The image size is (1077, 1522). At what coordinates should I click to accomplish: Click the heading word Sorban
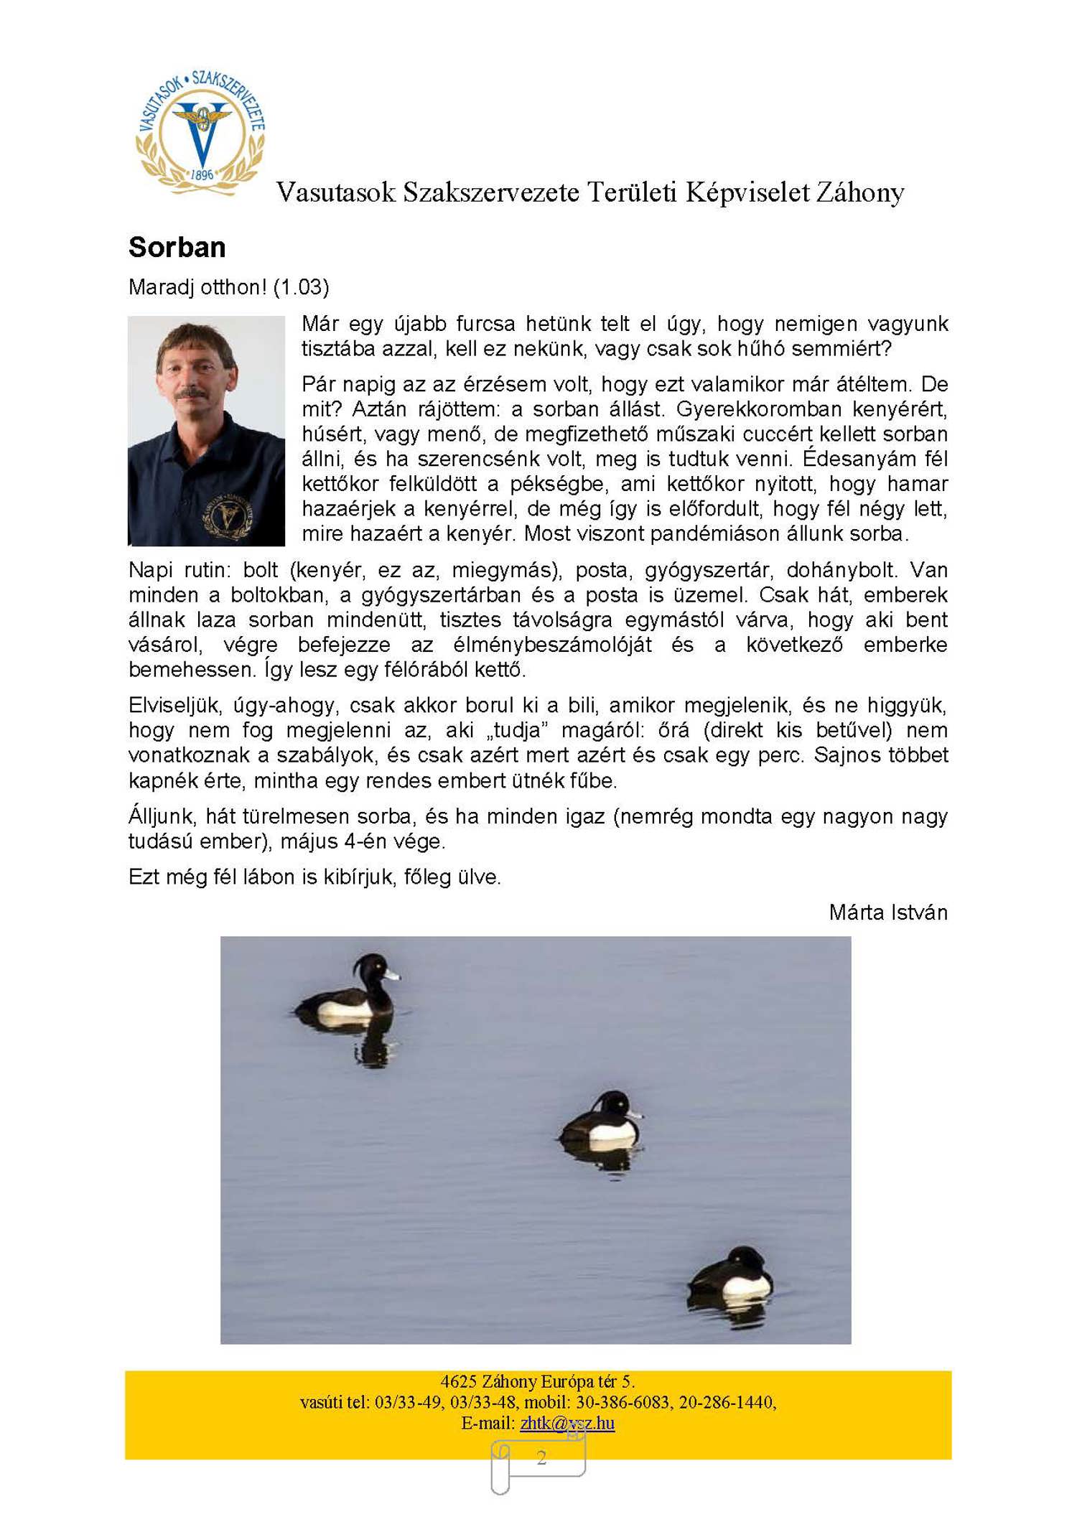click(177, 247)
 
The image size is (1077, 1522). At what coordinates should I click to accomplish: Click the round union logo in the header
click(201, 132)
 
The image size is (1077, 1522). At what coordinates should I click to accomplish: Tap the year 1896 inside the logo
click(202, 174)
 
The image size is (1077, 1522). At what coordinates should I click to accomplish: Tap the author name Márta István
click(887, 912)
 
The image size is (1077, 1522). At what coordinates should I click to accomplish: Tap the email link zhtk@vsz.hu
click(567, 1423)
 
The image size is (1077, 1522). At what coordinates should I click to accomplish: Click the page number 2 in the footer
click(541, 1458)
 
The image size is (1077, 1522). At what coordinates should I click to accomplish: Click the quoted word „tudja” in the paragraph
click(516, 730)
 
